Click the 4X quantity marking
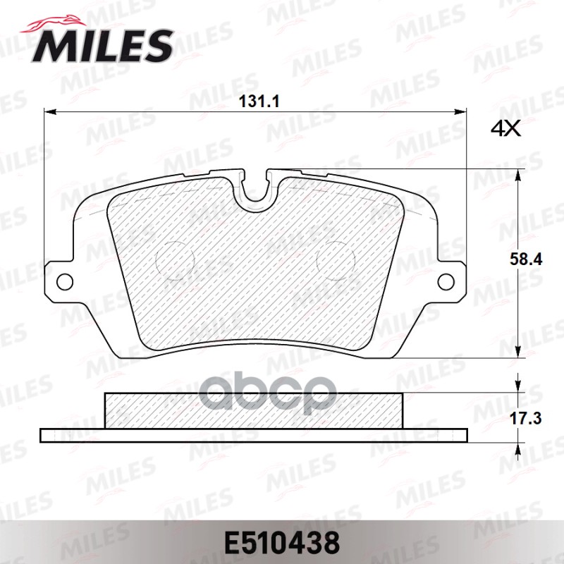pos(505,129)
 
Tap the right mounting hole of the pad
pos(446,281)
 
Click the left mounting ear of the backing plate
pos(60,281)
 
